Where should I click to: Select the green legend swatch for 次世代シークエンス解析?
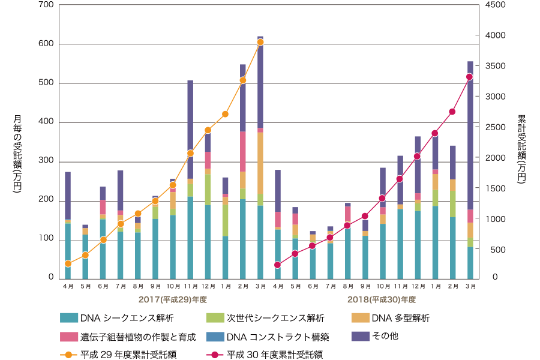pos(215,318)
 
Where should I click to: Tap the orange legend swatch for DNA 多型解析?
pos(361,318)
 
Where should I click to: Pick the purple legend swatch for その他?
pos(361,337)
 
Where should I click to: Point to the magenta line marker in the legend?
pos(215,354)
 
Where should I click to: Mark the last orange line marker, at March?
pos(260,42)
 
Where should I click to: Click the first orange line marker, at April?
pos(68,264)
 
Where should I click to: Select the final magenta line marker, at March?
pos(470,77)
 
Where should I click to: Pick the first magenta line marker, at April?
pos(277,265)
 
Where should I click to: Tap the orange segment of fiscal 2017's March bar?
pos(260,162)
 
